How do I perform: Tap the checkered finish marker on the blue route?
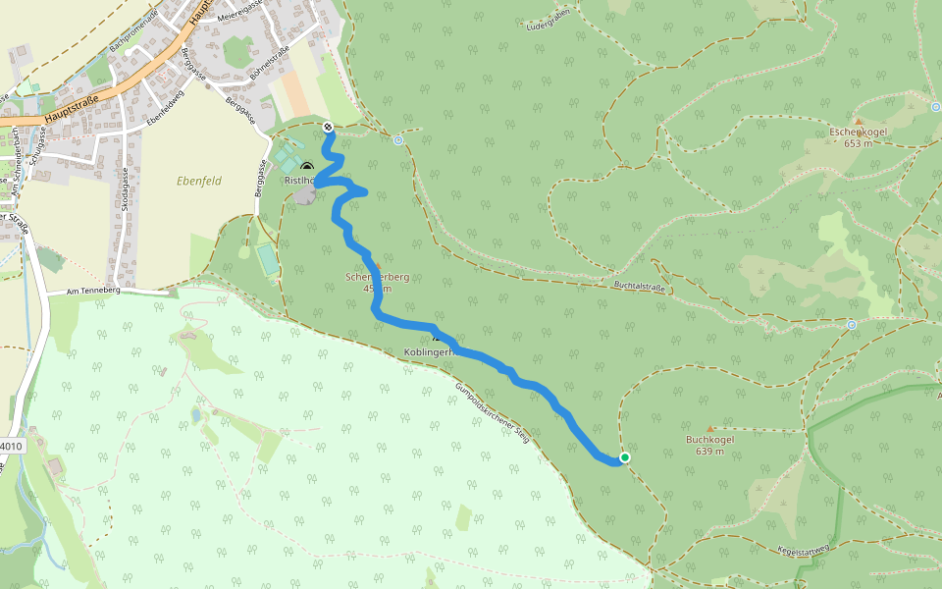(x=327, y=127)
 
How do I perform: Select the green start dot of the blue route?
(x=624, y=457)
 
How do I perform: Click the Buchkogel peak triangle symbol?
(x=710, y=429)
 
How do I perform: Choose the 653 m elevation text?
(x=858, y=143)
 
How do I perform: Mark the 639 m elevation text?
(x=709, y=452)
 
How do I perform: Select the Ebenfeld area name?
(x=199, y=181)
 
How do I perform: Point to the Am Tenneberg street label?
(x=92, y=292)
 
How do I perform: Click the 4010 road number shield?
(x=9, y=446)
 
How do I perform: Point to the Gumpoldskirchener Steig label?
(x=492, y=412)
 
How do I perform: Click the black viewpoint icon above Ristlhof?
(x=307, y=167)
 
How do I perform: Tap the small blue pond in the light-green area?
(x=196, y=416)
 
